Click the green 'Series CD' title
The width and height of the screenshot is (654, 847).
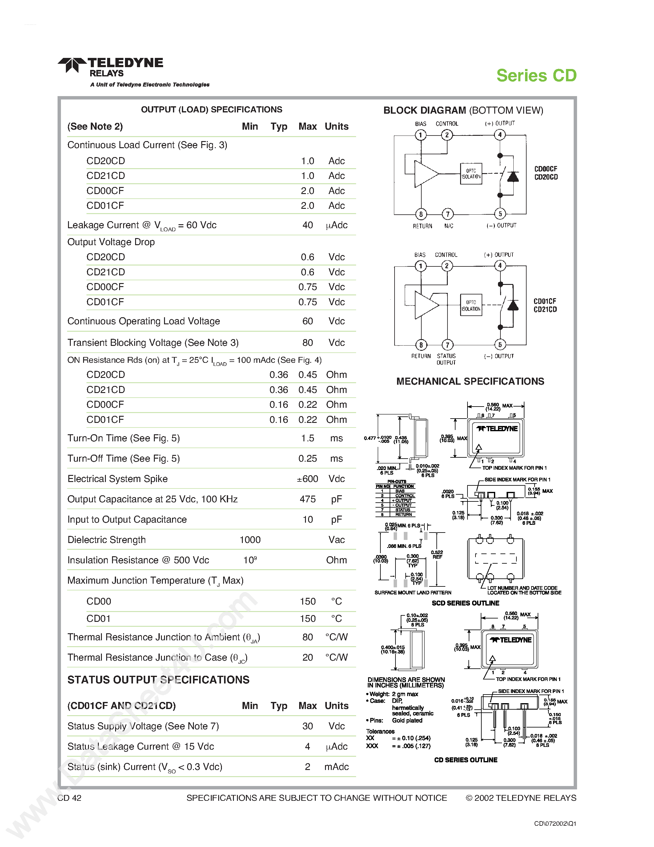[536, 76]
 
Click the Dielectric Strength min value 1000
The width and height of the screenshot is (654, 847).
[250, 540]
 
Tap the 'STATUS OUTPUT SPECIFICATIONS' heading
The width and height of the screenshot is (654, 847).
[158, 680]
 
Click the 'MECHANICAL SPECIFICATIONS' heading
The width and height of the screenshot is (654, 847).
[470, 382]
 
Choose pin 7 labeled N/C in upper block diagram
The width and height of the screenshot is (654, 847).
[447, 214]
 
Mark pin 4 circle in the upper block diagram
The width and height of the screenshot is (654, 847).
[500, 135]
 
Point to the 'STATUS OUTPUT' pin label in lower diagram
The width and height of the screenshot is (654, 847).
[446, 359]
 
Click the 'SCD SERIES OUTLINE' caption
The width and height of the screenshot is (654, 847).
[465, 603]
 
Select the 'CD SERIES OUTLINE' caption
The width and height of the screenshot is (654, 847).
[465, 760]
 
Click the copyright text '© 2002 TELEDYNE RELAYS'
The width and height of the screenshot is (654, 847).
[521, 798]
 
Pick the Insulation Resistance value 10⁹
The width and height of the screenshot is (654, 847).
[250, 560]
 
